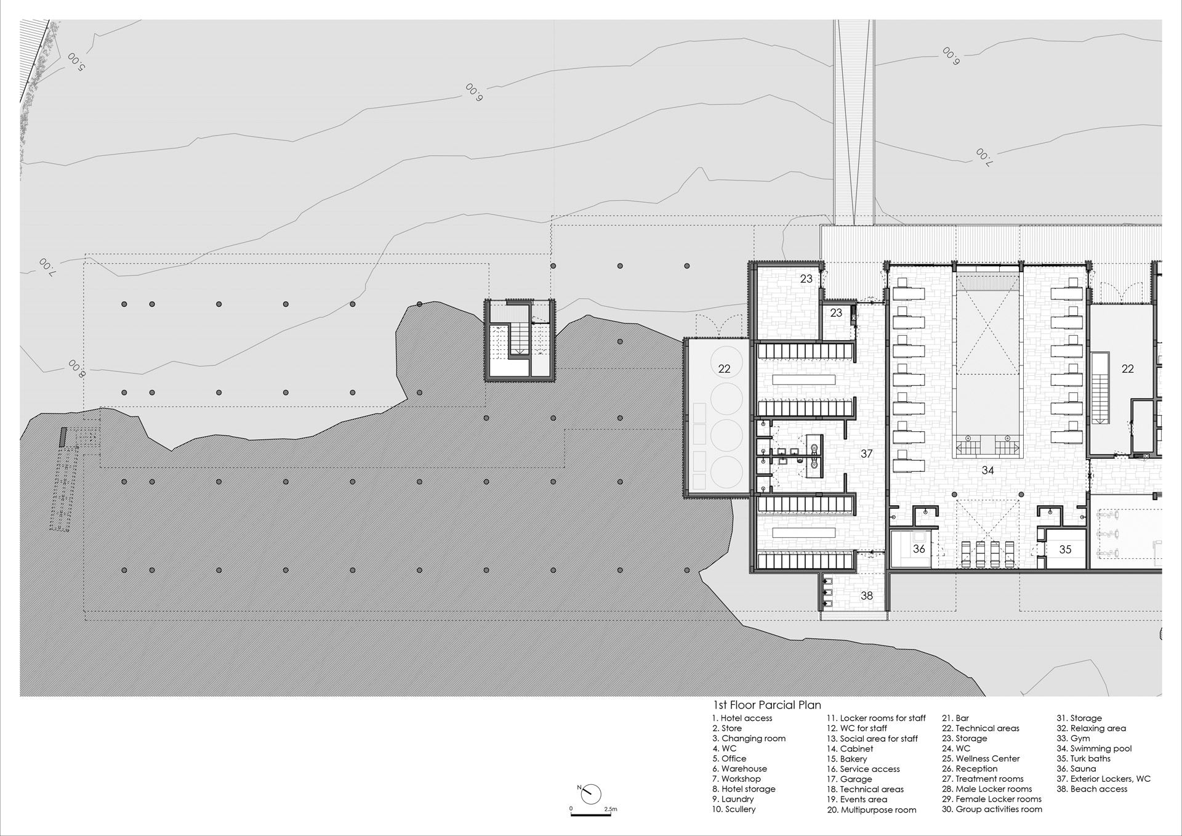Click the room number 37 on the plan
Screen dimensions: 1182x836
866,453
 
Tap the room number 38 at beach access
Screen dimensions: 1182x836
866,596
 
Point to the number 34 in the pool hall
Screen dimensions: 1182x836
987,470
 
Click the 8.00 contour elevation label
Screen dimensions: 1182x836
78,368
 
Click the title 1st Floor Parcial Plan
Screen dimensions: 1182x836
766,705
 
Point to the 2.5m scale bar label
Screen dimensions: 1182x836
610,809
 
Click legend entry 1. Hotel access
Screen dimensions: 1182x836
742,718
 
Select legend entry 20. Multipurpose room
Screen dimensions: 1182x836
872,810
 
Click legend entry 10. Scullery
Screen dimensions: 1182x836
734,810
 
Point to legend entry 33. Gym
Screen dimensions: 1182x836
1073,739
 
